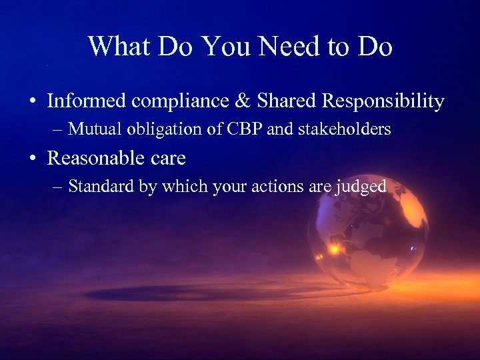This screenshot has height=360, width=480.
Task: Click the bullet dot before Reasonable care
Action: [x=33, y=159]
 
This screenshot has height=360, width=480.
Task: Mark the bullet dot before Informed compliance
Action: [x=33, y=102]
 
